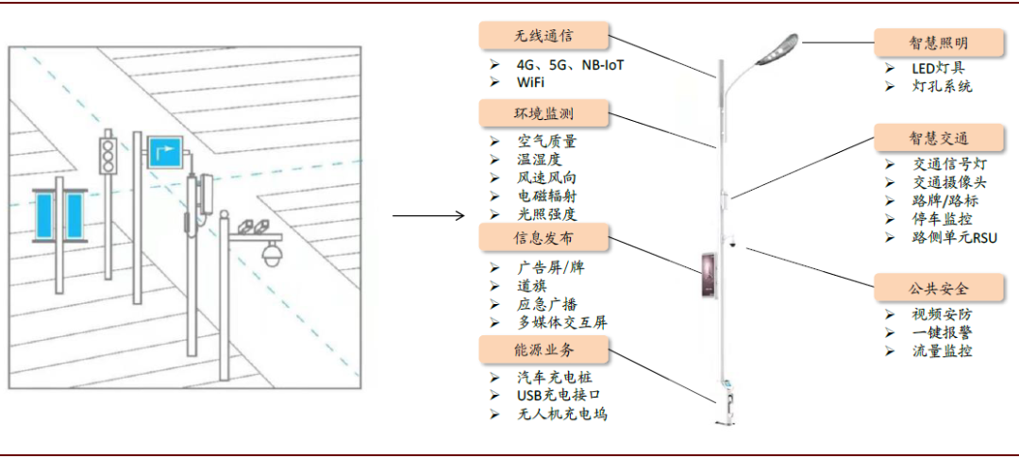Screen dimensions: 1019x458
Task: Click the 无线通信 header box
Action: click(x=543, y=36)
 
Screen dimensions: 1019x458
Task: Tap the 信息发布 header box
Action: click(x=543, y=237)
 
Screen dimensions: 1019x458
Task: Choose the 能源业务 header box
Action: click(x=543, y=350)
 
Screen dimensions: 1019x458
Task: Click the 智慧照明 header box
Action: click(x=939, y=42)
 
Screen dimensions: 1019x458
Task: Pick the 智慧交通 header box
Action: click(x=939, y=138)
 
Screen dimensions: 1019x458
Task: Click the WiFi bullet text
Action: click(x=530, y=82)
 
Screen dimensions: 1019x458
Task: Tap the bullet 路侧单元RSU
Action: click(x=955, y=237)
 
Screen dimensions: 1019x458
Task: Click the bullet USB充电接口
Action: click(x=559, y=396)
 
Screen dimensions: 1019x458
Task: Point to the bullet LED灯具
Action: click(x=939, y=68)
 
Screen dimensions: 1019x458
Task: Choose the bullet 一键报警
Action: click(x=943, y=332)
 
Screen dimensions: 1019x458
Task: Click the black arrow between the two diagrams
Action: click(x=429, y=216)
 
